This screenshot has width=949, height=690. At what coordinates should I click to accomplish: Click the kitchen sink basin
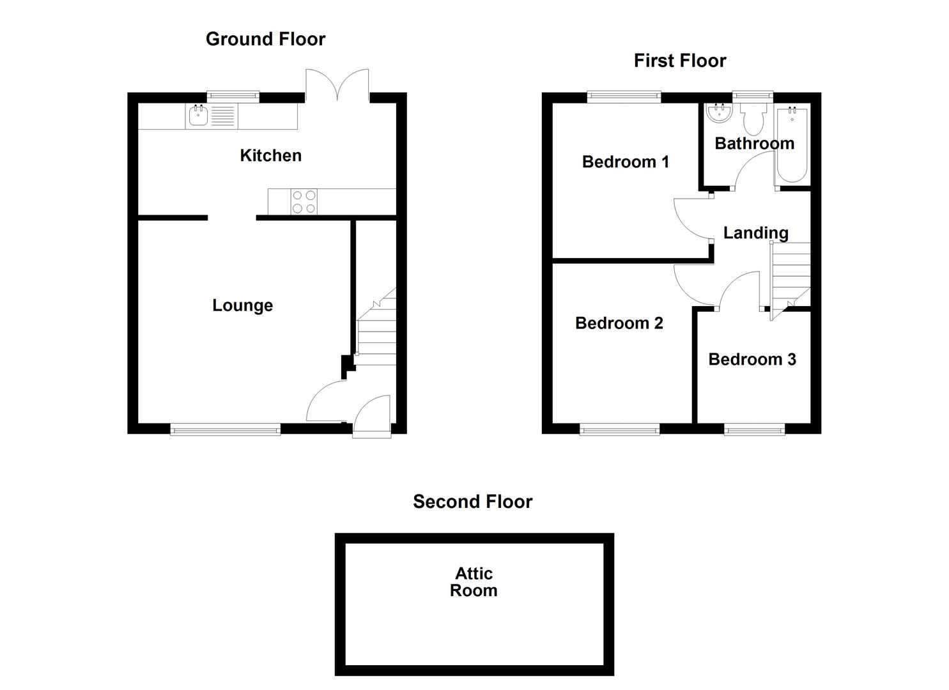click(x=198, y=116)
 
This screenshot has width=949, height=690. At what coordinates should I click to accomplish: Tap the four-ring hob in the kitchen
click(x=304, y=201)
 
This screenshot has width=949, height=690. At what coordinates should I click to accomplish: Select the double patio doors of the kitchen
click(x=337, y=85)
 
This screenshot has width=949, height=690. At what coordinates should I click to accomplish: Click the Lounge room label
click(x=242, y=305)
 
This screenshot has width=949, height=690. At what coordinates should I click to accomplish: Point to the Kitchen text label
click(x=270, y=155)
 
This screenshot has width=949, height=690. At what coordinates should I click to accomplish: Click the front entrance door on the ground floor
click(x=372, y=416)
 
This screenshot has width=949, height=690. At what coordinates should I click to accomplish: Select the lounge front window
click(x=225, y=429)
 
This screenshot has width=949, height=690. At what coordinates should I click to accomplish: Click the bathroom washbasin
click(x=720, y=114)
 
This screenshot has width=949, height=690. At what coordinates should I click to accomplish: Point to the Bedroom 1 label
click(x=625, y=162)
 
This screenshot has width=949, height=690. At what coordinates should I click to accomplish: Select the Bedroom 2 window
click(x=619, y=429)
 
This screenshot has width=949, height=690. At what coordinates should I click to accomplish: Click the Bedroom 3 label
click(x=752, y=359)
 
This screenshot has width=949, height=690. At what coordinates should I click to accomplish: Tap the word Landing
click(x=755, y=233)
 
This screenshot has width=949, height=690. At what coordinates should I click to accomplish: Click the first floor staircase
click(x=791, y=275)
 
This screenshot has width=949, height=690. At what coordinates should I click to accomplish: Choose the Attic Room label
click(x=474, y=581)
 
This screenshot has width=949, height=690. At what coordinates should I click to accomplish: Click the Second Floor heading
click(x=472, y=502)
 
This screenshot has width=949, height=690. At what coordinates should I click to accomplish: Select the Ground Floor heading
click(x=265, y=39)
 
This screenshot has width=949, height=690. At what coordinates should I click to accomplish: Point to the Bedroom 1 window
click(x=624, y=97)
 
